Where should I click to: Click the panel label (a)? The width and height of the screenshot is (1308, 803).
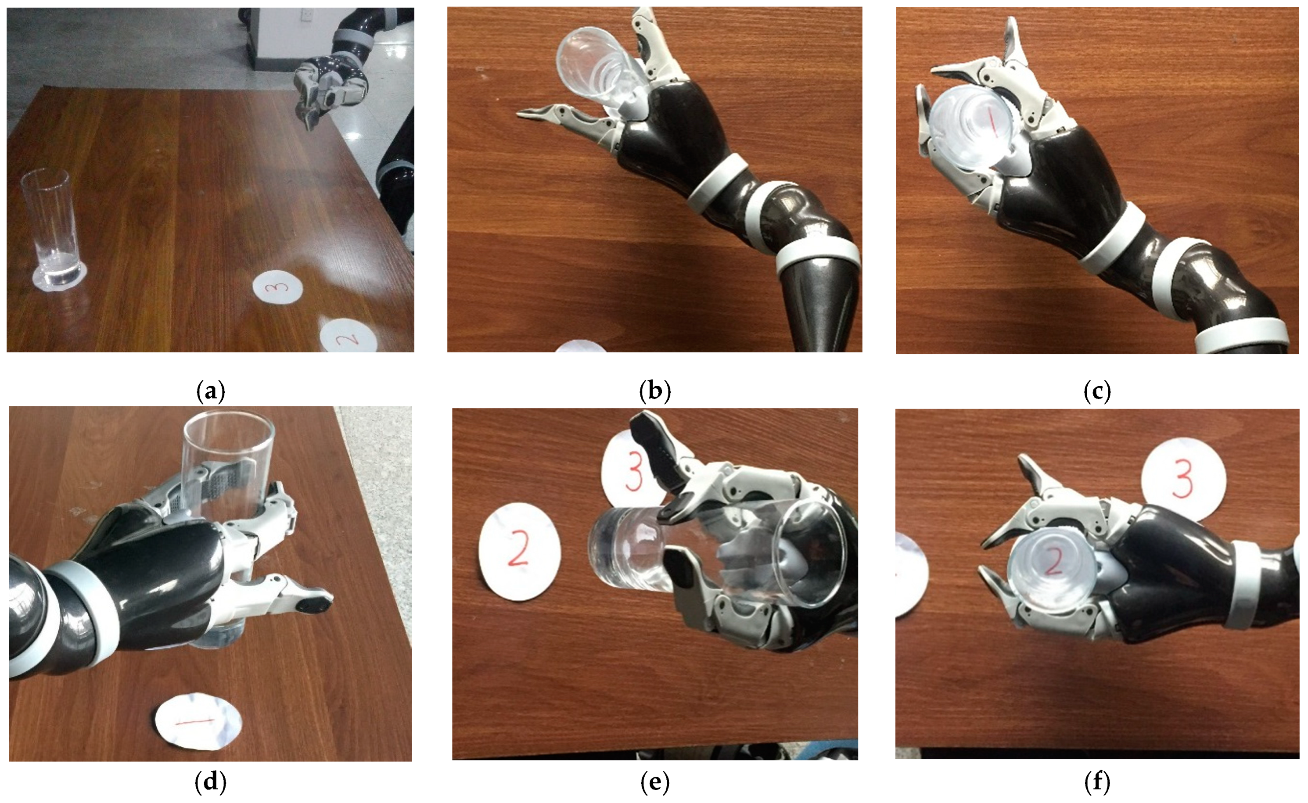210,391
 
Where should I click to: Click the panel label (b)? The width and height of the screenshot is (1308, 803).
654,391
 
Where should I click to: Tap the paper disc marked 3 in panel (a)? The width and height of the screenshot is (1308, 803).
277,287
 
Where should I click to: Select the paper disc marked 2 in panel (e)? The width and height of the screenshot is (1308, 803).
519,551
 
